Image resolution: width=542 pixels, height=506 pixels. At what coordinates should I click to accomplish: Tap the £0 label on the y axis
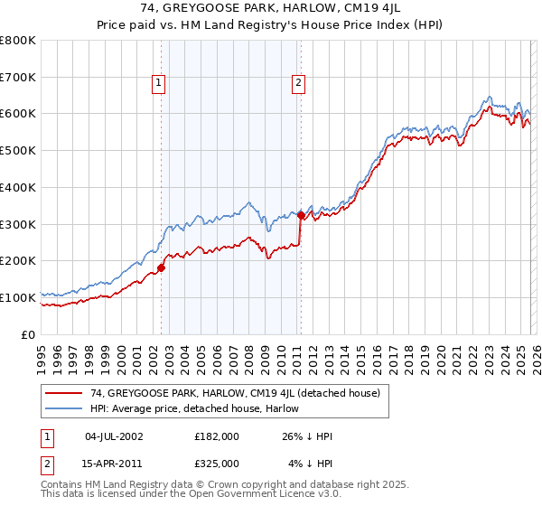[29, 334]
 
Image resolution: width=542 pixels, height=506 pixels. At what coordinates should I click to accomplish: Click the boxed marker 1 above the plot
[158, 83]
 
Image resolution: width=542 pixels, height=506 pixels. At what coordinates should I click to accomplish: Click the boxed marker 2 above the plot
[298, 83]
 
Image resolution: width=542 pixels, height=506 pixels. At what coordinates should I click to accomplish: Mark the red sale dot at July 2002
[162, 267]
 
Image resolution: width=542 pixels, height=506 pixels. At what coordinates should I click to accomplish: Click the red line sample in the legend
[64, 393]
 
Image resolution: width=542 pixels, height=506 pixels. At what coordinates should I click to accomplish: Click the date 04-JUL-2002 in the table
[114, 436]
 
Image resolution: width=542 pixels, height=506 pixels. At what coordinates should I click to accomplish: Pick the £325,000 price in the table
[217, 463]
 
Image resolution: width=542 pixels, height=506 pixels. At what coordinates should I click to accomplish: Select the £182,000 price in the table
[217, 436]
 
